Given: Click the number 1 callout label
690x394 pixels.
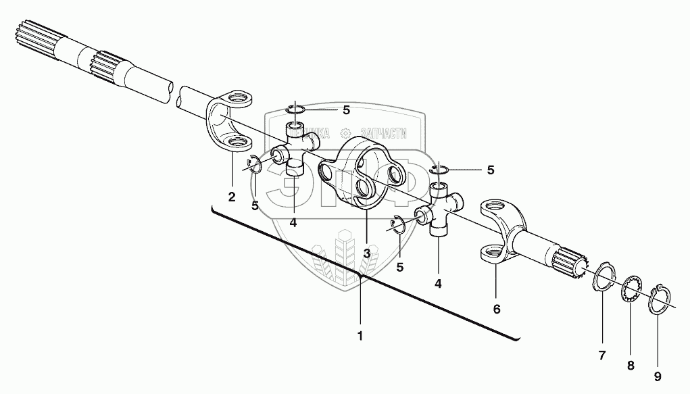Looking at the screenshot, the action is (360, 335).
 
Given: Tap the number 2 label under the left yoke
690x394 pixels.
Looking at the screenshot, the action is (232, 197).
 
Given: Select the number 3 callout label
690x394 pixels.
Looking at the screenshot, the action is (366, 253).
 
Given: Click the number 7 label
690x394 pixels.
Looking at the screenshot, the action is (602, 354).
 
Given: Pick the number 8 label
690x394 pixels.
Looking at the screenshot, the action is (631, 366).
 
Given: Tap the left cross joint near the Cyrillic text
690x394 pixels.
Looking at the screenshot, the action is (295, 148).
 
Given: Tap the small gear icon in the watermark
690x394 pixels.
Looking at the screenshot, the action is (345, 134).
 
